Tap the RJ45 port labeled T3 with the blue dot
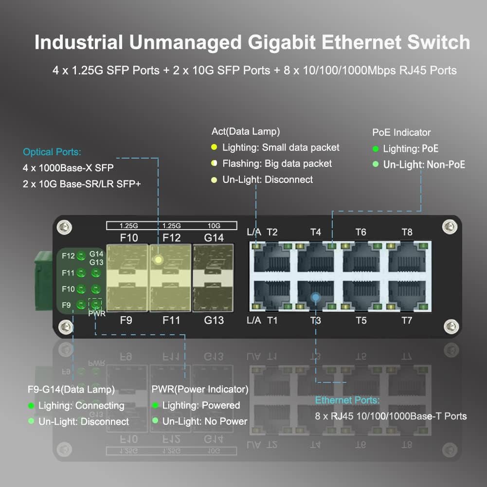(316, 295)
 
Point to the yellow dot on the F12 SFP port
(158, 259)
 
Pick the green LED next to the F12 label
(81, 256)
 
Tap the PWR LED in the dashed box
(96, 305)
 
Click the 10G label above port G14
(214, 225)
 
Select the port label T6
(361, 232)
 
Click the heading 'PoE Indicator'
(401, 132)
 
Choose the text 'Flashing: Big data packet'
(277, 163)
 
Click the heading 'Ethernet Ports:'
(347, 400)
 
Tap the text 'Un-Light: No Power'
(205, 421)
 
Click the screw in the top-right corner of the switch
(449, 226)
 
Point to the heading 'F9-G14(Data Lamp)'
(72, 389)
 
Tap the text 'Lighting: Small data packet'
(281, 147)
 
